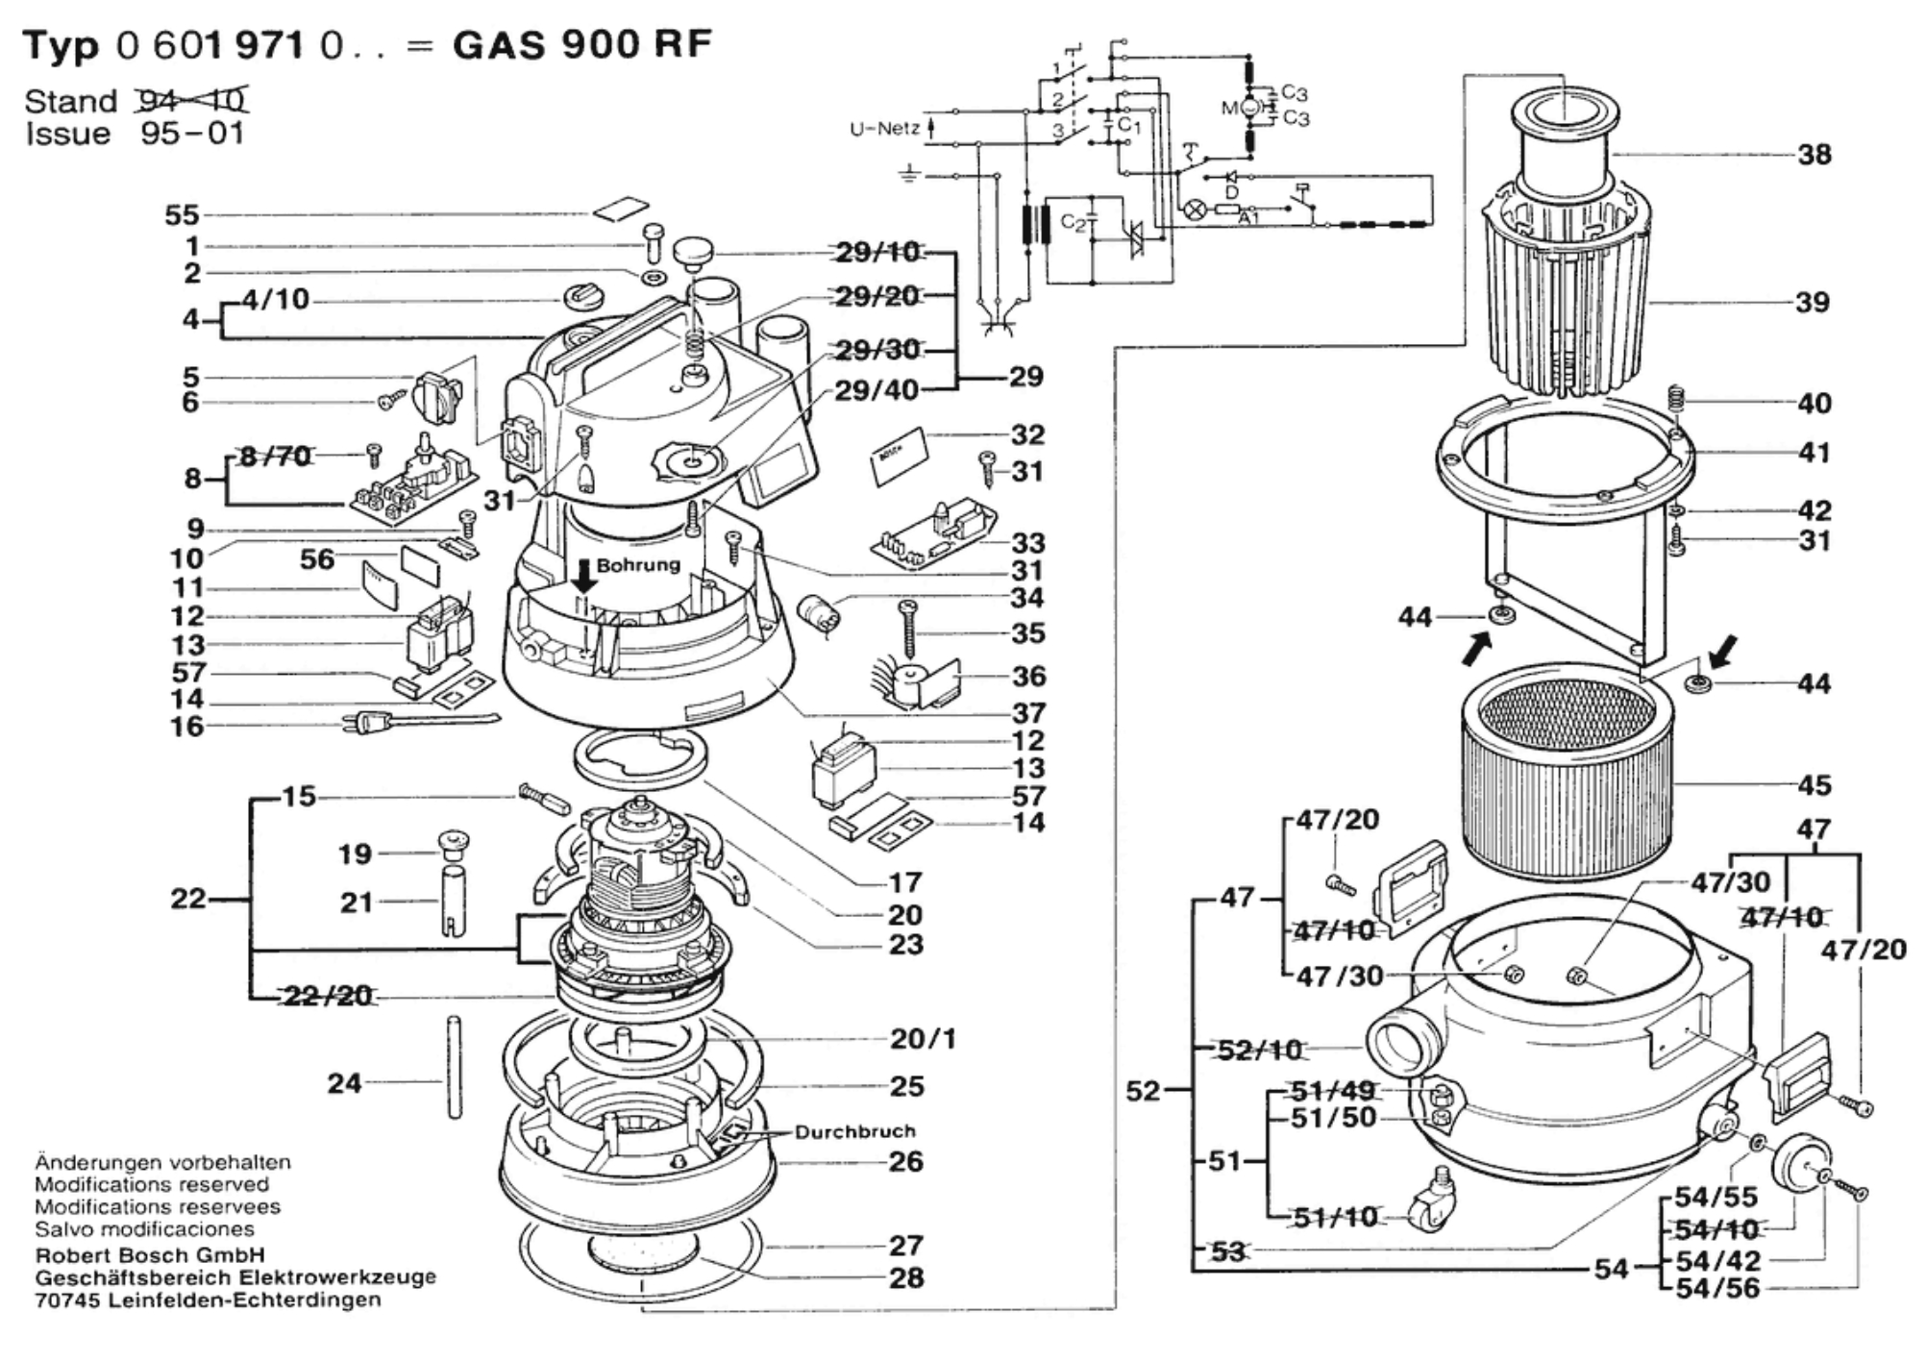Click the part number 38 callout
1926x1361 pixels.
pos(1814,154)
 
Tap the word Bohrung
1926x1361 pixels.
pos(638,565)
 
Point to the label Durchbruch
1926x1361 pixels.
pos(854,1131)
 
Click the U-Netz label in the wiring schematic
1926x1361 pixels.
pos(884,129)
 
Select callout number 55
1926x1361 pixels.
pos(182,215)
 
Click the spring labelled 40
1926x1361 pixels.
pos(1675,398)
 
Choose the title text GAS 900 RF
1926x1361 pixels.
pos(582,44)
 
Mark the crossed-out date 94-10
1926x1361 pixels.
pos(192,100)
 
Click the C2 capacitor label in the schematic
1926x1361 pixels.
pos(1073,223)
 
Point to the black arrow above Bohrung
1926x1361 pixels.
pos(583,576)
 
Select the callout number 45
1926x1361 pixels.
pos(1814,785)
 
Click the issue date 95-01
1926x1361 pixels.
pos(192,133)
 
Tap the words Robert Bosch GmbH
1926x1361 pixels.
pos(150,1255)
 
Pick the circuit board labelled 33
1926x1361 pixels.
pos(933,533)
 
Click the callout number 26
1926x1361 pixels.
pos(905,1161)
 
